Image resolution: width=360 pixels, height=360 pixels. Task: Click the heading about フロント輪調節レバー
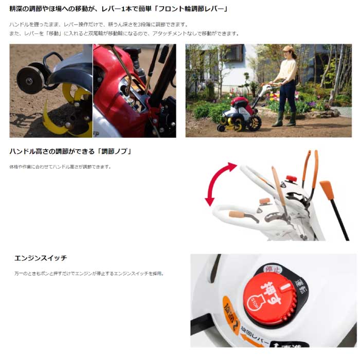click(118, 9)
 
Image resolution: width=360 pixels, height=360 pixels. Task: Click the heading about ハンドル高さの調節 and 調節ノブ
click(70, 152)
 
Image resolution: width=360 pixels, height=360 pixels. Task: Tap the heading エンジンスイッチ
click(41, 258)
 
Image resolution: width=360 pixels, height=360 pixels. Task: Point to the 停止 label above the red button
click(273, 269)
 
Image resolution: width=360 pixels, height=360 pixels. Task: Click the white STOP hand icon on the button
click(255, 301)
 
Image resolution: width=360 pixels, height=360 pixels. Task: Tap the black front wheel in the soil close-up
click(30, 80)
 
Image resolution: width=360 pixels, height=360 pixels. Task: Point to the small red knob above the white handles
click(291, 178)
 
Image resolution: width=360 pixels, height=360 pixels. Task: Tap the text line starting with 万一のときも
click(89, 274)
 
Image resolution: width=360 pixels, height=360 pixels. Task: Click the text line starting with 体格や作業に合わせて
click(60, 167)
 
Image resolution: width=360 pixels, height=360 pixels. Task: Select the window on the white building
click(233, 53)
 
